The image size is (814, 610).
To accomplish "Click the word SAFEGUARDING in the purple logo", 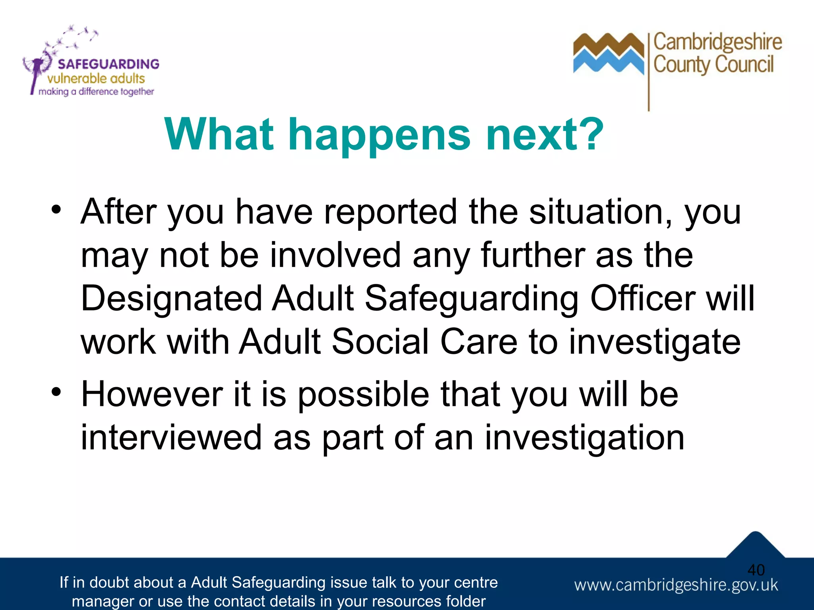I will [x=108, y=64].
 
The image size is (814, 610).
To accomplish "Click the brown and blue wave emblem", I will [x=608, y=54].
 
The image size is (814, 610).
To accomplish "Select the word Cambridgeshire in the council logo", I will [x=717, y=42].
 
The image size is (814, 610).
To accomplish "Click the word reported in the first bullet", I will [x=390, y=212].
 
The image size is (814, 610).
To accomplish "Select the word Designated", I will [x=171, y=299].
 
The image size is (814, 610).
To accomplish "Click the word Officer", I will [x=643, y=299].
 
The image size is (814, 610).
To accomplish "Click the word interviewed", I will [x=171, y=438].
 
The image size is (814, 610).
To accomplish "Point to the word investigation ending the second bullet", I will [x=584, y=438].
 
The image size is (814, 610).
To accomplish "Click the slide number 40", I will [x=756, y=570].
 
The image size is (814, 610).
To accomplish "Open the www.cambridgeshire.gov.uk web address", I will [x=676, y=585].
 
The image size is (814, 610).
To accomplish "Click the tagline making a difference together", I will [x=96, y=92].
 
